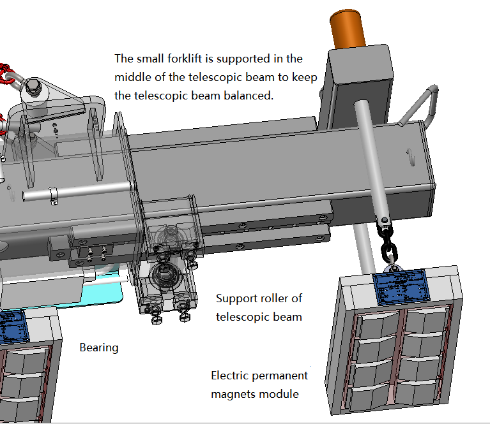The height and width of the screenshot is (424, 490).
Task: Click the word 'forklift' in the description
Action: [x=191, y=59]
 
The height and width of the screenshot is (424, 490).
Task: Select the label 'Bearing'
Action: [x=99, y=347]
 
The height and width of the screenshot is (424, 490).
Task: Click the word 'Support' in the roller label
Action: [x=236, y=298]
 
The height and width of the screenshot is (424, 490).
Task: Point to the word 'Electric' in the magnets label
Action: [x=231, y=376]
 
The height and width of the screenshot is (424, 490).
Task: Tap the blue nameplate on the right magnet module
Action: [x=402, y=286]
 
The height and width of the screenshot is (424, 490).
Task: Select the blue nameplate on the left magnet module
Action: [x=13, y=325]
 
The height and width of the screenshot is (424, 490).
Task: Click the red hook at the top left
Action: [x=6, y=73]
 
